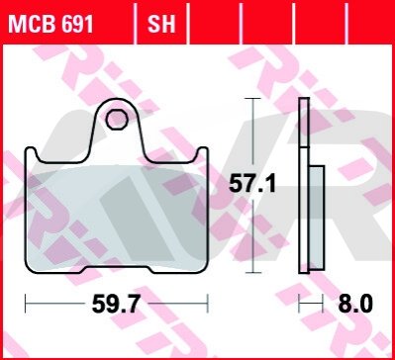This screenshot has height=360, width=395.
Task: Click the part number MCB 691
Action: pos(50,24)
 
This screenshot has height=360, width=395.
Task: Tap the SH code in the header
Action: pos(161,24)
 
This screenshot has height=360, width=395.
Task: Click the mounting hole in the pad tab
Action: pos(117,120)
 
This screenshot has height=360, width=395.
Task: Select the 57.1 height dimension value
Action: pos(252,184)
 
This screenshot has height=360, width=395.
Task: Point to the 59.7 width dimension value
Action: pos(116,304)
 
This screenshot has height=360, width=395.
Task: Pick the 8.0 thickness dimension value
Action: pos(355,304)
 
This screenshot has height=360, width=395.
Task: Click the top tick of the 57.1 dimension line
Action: pos(252,98)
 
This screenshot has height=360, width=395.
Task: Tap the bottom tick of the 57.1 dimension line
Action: pos(252,273)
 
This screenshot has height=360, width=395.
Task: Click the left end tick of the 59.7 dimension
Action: pos(26,304)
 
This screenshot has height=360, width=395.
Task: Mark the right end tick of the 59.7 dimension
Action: pos(208,304)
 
